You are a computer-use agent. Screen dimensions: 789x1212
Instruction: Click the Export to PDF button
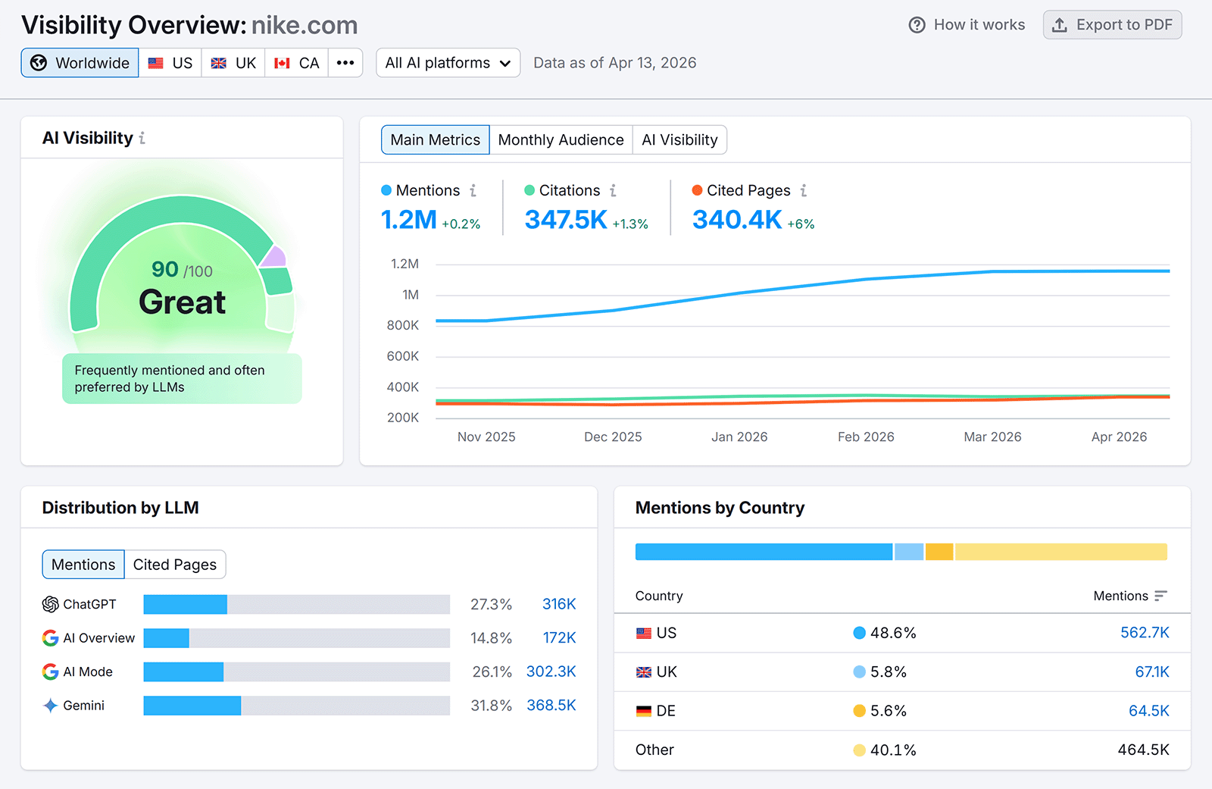coord(1112,25)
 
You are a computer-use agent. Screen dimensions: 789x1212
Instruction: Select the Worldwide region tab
coord(80,63)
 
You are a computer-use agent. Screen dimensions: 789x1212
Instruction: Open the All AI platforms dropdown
coord(448,63)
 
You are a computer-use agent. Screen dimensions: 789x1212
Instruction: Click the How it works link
coord(967,25)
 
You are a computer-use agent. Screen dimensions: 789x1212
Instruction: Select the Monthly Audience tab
coord(561,140)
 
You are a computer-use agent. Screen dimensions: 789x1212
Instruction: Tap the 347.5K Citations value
coord(566,220)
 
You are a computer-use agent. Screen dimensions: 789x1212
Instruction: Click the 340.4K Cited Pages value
coord(736,220)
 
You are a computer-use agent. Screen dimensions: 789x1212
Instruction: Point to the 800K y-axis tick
coord(402,325)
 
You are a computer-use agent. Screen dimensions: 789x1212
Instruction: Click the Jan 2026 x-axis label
coord(739,437)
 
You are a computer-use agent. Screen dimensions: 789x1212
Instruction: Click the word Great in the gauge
coord(182,302)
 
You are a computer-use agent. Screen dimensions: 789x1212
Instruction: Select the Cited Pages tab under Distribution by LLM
coord(175,565)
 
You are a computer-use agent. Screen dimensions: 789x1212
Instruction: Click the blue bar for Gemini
coord(192,706)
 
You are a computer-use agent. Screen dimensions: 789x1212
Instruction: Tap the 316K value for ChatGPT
coord(559,604)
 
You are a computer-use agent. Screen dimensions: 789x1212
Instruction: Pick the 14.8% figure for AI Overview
coord(491,638)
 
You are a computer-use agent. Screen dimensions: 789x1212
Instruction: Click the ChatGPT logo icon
coord(51,604)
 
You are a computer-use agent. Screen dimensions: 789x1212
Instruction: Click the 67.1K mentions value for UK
coord(1151,672)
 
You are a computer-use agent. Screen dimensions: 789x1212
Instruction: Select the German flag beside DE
coord(644,711)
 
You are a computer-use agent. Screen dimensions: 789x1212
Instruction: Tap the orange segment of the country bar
coord(939,552)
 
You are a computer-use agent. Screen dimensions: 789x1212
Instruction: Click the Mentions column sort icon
coord(1160,596)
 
